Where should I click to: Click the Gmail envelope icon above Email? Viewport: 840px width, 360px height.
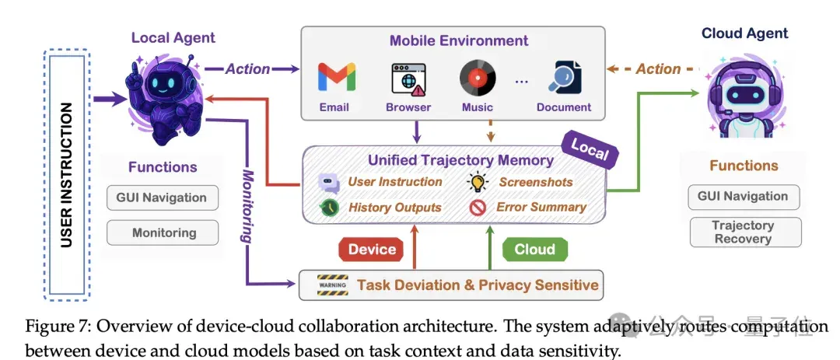point(337,77)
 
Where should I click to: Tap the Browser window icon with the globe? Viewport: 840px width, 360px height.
point(408,79)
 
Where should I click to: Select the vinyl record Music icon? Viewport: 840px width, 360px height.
point(478,79)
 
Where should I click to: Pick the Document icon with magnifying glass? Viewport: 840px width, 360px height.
point(565,79)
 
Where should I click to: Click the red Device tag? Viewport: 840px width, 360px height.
point(372,249)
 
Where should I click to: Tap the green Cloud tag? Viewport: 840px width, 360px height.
point(534,249)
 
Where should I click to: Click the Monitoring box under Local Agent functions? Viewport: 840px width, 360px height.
point(163,233)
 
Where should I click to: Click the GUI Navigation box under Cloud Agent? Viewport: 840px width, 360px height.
point(743,197)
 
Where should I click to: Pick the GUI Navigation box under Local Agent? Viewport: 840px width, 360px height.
point(163,197)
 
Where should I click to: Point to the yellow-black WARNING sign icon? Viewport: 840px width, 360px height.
point(333,285)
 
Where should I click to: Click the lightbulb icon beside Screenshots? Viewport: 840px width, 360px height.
point(478,182)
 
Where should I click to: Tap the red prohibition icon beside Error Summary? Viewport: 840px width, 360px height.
point(478,208)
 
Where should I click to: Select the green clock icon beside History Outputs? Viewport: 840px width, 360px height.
point(329,208)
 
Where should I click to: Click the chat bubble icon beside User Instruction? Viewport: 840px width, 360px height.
point(329,183)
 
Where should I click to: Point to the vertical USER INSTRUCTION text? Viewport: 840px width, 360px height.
point(66,175)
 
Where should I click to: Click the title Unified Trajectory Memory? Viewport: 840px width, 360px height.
point(460,160)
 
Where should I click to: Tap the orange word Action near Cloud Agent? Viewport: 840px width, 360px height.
point(658,69)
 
